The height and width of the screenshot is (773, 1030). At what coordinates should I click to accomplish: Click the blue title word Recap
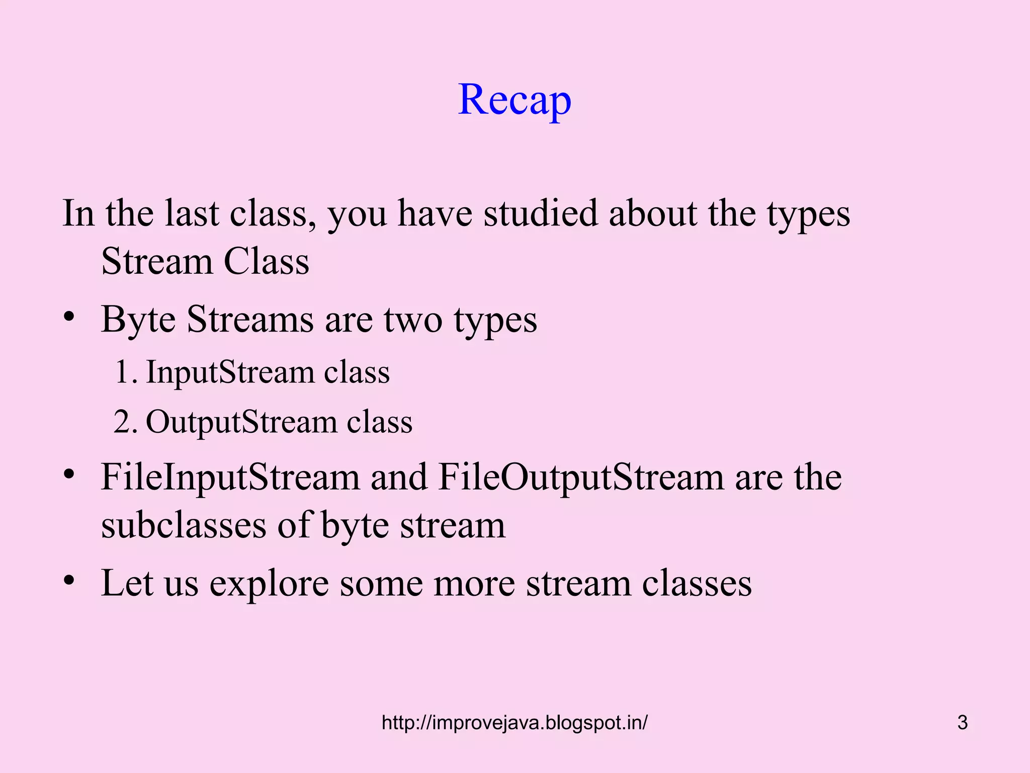coord(514,100)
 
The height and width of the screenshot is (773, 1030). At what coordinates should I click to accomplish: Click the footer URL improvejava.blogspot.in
coord(514,723)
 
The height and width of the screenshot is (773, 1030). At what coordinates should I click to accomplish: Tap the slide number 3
coord(962,723)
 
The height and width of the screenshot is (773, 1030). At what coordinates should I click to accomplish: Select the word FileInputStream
coord(230,477)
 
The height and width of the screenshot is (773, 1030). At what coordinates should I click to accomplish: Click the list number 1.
coord(123,372)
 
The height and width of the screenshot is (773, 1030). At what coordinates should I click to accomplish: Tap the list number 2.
coord(123,422)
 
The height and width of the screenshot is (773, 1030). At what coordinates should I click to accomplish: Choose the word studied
coord(540,213)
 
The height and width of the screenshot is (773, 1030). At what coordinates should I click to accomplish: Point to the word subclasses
coord(184,525)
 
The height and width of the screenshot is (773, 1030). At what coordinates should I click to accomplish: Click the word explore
coord(269,584)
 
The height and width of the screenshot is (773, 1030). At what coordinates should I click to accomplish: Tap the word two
coord(413,320)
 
